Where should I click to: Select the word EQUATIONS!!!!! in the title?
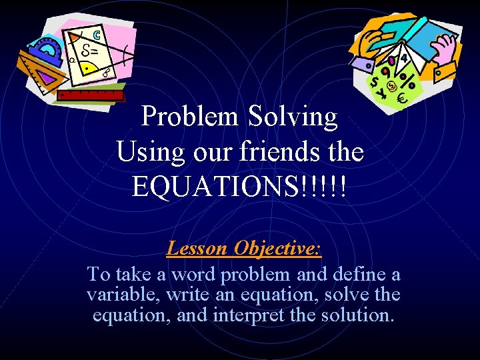click(x=239, y=187)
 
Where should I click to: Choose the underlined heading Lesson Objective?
click(x=243, y=249)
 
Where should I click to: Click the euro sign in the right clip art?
click(x=401, y=99)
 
